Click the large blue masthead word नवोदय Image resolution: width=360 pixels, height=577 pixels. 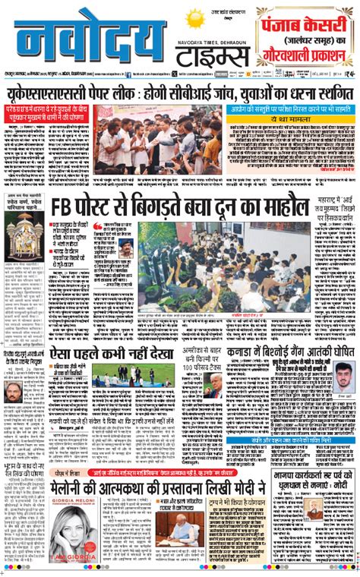(x=90, y=45)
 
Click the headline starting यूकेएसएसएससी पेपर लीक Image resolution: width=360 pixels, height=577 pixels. (x=180, y=93)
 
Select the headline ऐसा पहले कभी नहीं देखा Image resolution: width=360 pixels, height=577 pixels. (x=100, y=355)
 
